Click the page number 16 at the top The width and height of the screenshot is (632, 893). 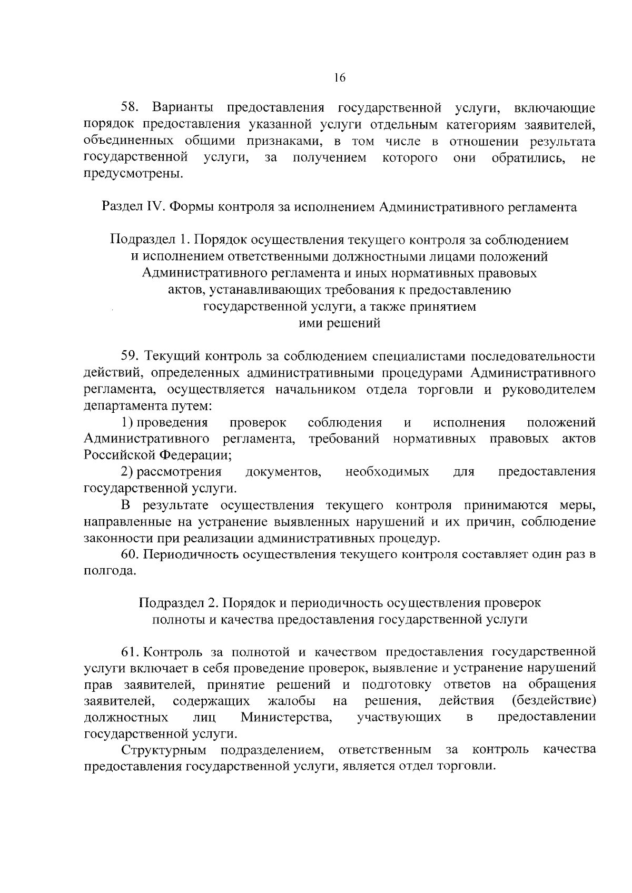339,78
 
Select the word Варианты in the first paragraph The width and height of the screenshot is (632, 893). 183,108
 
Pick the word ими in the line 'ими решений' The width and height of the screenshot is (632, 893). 309,323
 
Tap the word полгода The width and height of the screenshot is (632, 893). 110,571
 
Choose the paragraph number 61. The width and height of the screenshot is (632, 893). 130,652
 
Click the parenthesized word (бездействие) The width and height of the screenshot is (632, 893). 554,701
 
